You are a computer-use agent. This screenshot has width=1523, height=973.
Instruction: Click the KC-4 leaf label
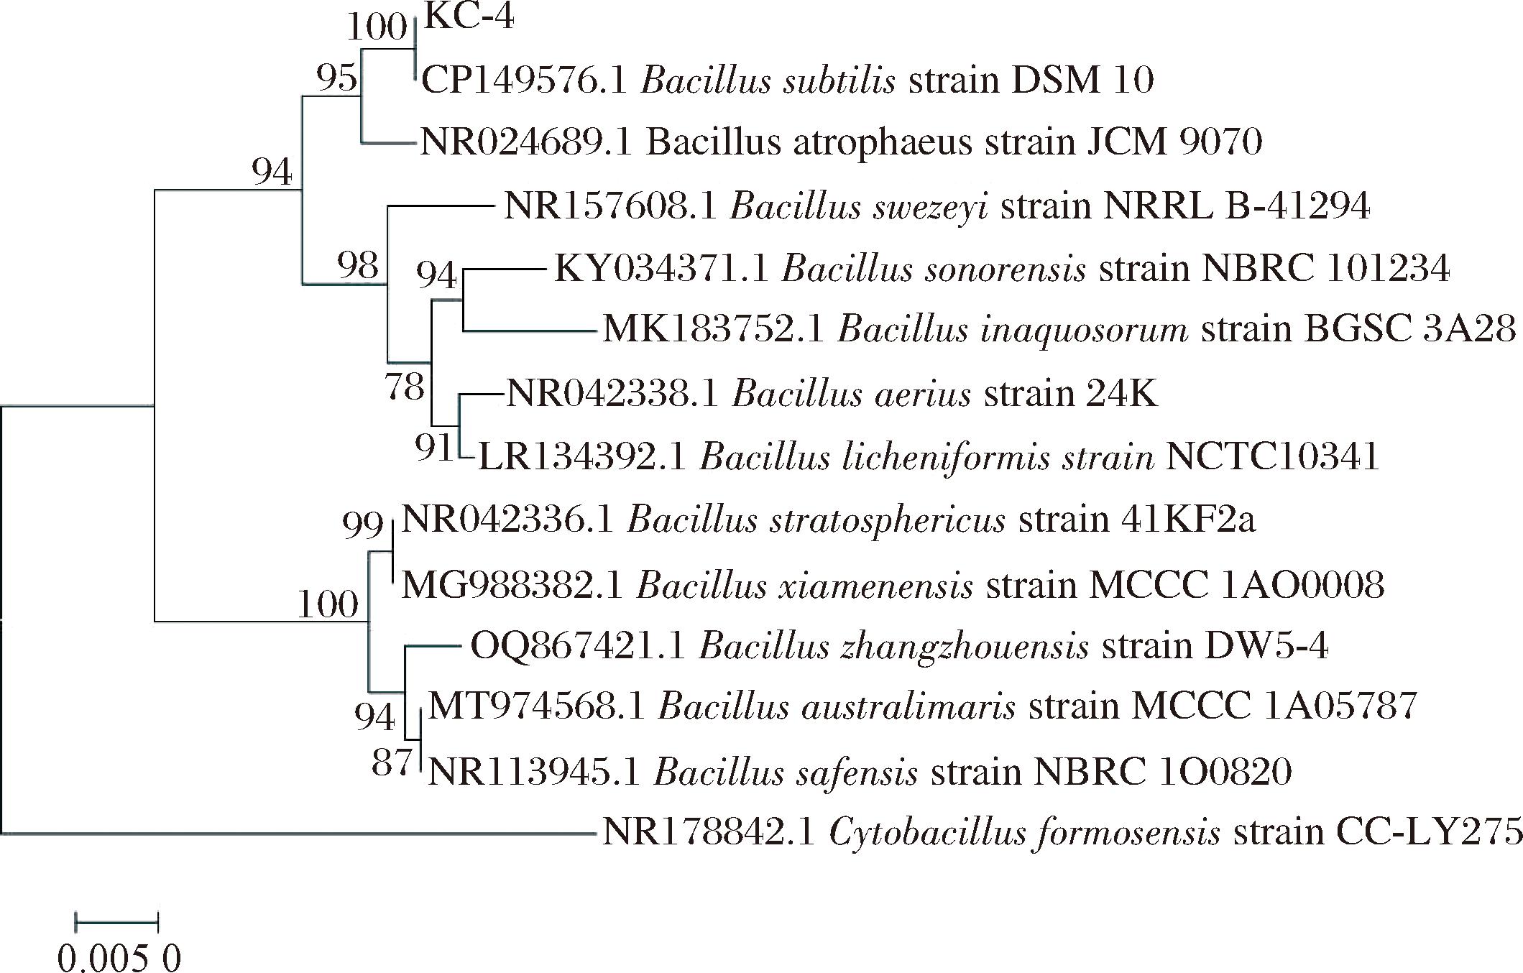pos(469,17)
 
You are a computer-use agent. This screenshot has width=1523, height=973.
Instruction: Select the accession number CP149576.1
pos(525,80)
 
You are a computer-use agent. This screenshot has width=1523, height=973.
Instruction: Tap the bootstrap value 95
pos(337,78)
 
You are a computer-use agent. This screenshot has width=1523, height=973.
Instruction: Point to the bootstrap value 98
pos(358,266)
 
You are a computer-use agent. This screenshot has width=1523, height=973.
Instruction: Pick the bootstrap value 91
pos(435,447)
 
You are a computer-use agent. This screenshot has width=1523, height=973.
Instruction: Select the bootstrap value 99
pos(363,526)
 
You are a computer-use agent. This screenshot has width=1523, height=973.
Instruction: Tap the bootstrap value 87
pos(392,762)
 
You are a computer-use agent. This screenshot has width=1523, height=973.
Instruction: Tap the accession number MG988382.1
pos(512,586)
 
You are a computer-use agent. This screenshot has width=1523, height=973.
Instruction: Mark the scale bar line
pos(116,921)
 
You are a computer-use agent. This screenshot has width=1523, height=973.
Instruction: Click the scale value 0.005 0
pos(119,959)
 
